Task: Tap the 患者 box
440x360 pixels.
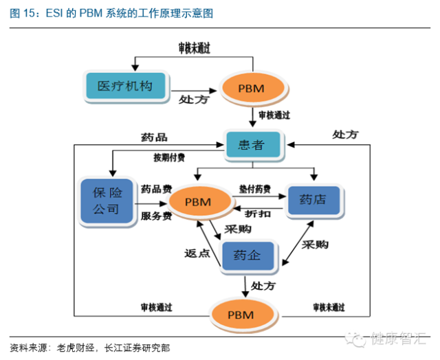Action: coord(254,144)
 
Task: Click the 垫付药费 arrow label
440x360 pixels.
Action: coord(254,188)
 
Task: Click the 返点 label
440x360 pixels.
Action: coord(197,252)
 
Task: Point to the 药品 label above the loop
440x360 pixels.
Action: coord(154,137)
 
